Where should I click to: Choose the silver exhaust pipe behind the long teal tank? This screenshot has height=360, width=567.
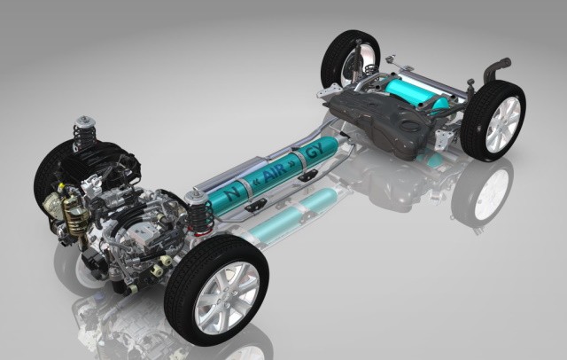click(301, 142)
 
